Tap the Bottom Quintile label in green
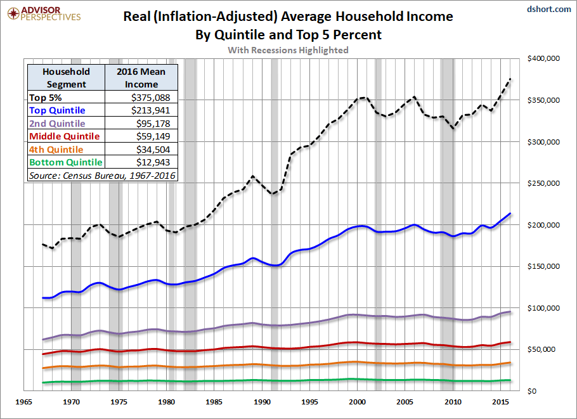tap(65, 162)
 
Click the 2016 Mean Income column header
tap(141, 78)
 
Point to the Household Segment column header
tap(66, 78)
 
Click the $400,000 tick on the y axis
tap(543, 59)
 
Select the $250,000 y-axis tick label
tap(543, 183)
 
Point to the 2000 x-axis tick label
tap(358, 403)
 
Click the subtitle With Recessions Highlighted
tap(288, 50)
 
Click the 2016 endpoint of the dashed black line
tap(511, 79)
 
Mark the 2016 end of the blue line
tap(511, 214)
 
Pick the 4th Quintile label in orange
tap(56, 150)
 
